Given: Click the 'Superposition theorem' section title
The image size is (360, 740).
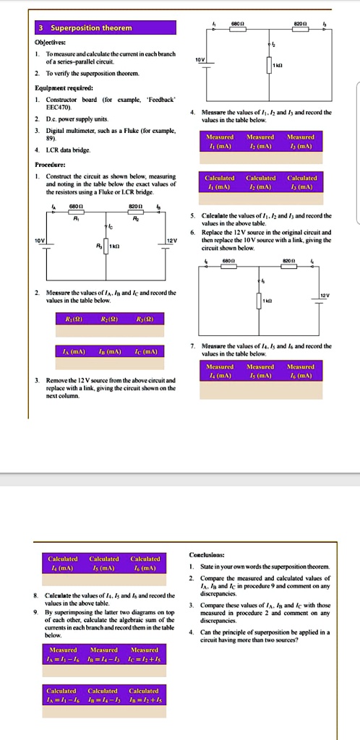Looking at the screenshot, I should pyautogui.click(x=90, y=28).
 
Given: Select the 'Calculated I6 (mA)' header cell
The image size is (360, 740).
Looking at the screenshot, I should pyautogui.click(x=145, y=563).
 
